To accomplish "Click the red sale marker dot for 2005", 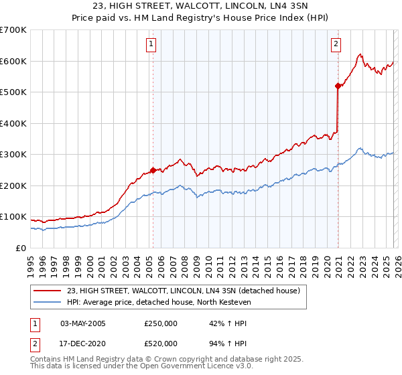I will coord(153,170).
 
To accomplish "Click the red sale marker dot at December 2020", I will coord(338,86).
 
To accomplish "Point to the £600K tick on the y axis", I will coord(13,61).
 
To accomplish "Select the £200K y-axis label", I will coord(13,185).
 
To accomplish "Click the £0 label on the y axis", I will coord(20,248).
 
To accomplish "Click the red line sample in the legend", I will coord(48,291).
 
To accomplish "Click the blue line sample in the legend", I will coord(48,302).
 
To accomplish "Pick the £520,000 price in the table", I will coord(161,343).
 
